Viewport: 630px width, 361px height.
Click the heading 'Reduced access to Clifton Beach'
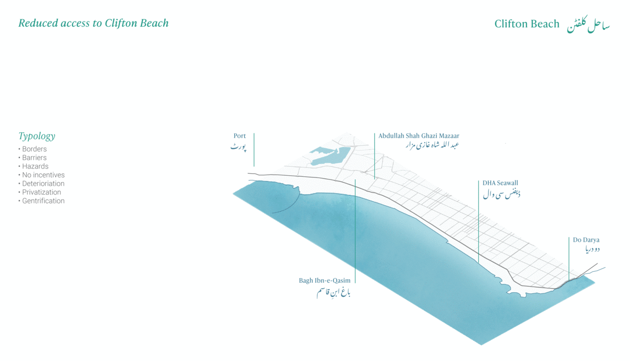pyautogui.click(x=93, y=23)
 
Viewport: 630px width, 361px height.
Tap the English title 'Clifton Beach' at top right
pyautogui.click(x=527, y=24)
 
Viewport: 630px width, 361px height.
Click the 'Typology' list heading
pyautogui.click(x=37, y=136)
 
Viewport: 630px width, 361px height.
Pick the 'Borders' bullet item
pyautogui.click(x=34, y=149)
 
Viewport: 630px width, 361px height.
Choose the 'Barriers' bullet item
pyautogui.click(x=34, y=157)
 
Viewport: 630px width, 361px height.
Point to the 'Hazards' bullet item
pyautogui.click(x=35, y=166)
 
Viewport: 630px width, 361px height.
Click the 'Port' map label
pyautogui.click(x=239, y=136)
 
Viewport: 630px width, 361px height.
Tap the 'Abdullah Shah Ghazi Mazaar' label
pyautogui.click(x=419, y=136)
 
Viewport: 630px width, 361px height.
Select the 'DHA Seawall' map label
pyautogui.click(x=500, y=183)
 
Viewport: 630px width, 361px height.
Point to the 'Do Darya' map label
pyautogui.click(x=586, y=240)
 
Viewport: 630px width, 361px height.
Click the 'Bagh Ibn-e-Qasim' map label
pyautogui.click(x=324, y=281)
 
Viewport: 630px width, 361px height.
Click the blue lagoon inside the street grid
pyautogui.click(x=330, y=156)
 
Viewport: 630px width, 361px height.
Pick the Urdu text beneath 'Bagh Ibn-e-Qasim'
pyautogui.click(x=333, y=292)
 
